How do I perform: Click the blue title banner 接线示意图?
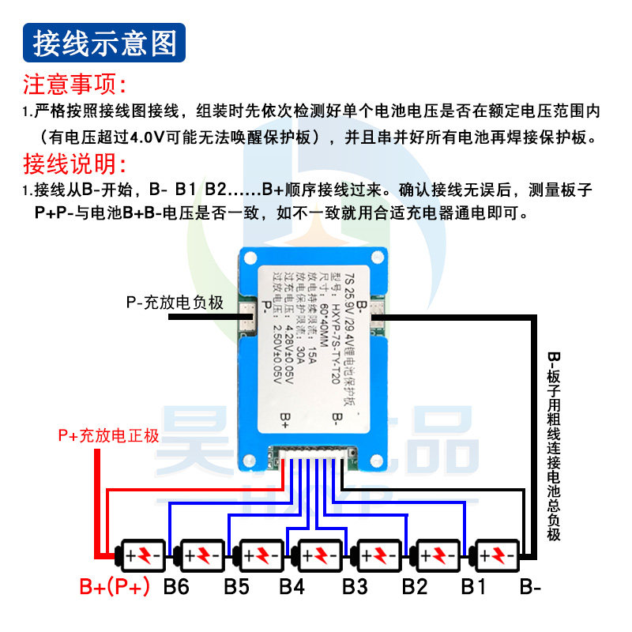[105, 43]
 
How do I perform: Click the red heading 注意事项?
[75, 84]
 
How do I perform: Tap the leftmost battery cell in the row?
[142, 556]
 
